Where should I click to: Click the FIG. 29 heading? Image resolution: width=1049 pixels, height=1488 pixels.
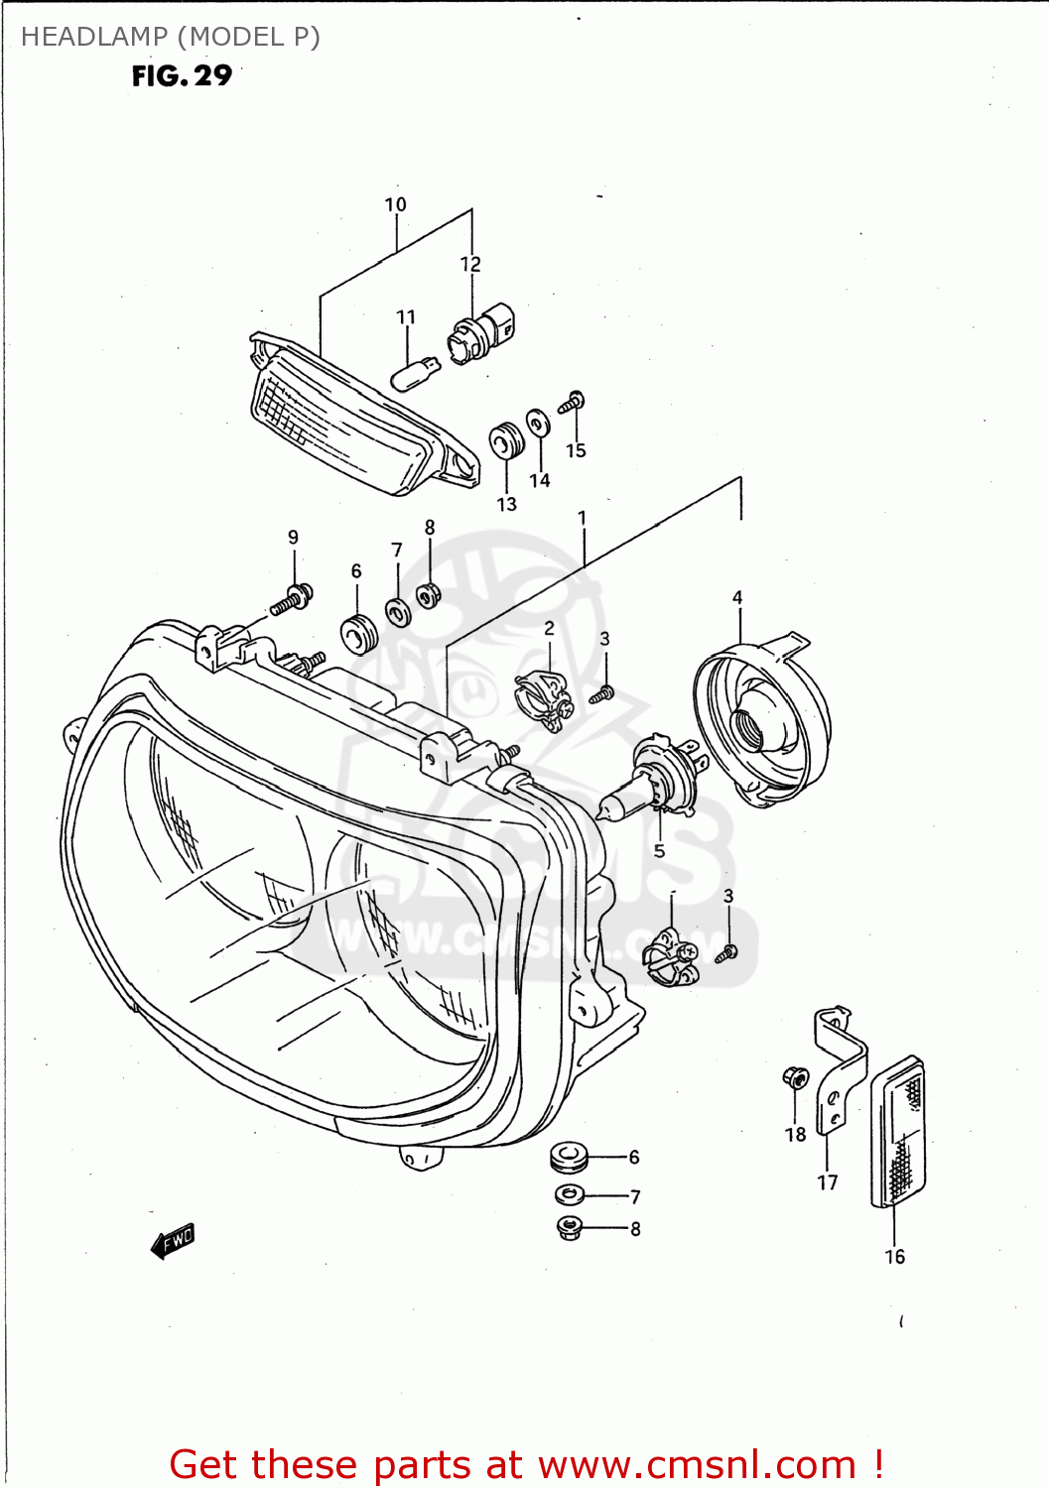tap(182, 76)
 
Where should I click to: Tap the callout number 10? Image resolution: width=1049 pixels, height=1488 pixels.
tap(395, 204)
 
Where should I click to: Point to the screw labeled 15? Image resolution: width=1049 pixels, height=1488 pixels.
tap(573, 402)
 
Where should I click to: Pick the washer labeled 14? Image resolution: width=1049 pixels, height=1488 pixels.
tap(538, 424)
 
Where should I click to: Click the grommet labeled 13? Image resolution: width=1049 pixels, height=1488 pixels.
tap(506, 441)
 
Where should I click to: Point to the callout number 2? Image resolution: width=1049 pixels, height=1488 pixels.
tap(549, 628)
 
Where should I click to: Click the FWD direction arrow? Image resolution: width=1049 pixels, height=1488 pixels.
tap(173, 1240)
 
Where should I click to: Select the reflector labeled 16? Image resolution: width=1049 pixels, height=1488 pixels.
tap(899, 1132)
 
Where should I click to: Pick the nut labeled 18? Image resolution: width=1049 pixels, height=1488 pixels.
tap(795, 1077)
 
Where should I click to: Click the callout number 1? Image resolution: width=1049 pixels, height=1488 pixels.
tap(583, 518)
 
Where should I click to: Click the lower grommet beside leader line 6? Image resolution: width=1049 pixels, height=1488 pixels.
tap(569, 1157)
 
